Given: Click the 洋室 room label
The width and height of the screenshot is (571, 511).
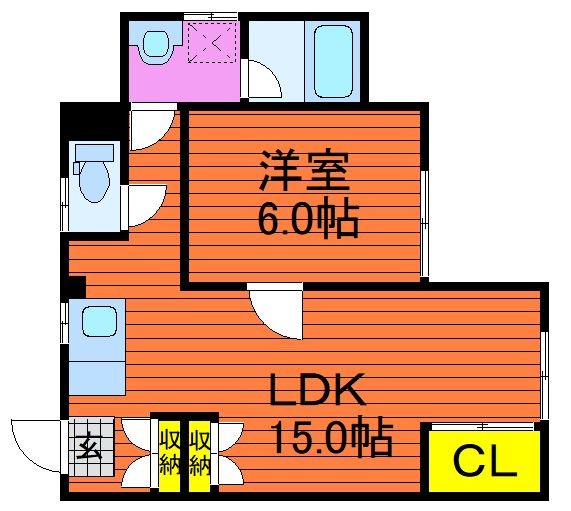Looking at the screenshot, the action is pos(304,170).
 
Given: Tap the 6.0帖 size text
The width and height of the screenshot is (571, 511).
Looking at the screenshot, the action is pos(308,217).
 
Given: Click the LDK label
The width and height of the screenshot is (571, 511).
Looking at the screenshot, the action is pos(317,389).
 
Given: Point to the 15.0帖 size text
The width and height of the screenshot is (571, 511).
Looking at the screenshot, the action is pos(331,437).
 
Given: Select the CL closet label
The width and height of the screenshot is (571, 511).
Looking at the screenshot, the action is pos(485,462).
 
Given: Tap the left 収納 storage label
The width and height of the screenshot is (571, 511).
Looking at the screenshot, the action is pos(170,453).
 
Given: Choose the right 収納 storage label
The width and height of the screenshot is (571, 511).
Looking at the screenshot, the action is pos(200,453).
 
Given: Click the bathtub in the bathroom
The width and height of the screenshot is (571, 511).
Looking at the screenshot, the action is pos(333,61).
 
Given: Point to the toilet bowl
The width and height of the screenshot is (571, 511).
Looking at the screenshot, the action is pos(94,181).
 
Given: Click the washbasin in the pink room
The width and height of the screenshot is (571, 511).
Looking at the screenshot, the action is pos(156,43).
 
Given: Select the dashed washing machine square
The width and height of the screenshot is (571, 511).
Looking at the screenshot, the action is pos(212,42).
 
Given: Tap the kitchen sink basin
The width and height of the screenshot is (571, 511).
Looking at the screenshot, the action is pos(99,321).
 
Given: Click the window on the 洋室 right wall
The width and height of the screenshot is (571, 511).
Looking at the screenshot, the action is pos(425,223).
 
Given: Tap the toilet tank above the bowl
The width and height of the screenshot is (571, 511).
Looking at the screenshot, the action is pos(94,152).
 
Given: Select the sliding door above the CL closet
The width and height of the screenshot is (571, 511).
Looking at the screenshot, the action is pos(483,426).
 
